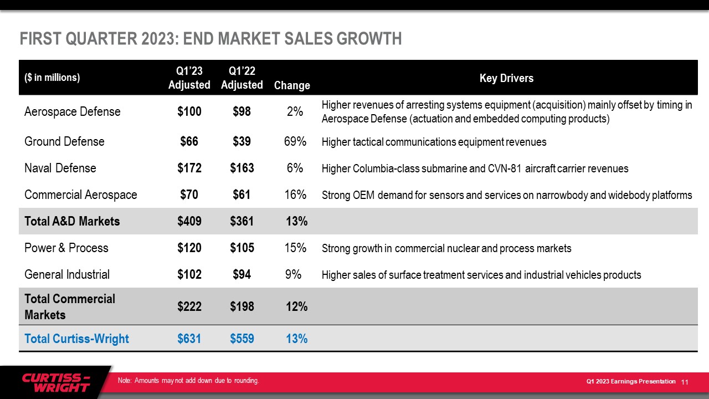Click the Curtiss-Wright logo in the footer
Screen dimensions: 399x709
[55, 382]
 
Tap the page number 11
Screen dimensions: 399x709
[685, 382]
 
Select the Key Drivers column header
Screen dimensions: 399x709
[506, 78]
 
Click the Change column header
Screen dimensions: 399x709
[292, 85]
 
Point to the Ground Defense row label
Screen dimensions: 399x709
[64, 141]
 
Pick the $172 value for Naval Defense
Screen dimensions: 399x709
[189, 168]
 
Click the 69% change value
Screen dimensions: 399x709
[295, 141]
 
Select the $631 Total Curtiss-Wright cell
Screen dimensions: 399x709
[189, 339]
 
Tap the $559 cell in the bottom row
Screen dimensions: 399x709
[242, 339]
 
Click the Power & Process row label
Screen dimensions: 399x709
[66, 248]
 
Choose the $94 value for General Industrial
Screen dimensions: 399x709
[242, 274]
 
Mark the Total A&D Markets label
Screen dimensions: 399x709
[72, 221]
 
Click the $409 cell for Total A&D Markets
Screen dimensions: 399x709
[189, 221]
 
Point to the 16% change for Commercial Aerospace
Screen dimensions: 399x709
[295, 195]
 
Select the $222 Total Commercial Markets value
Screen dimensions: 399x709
[189, 306]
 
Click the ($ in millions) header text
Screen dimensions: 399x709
[52, 78]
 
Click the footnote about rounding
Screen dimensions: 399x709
[188, 380]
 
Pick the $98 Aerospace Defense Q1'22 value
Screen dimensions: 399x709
[242, 111]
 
